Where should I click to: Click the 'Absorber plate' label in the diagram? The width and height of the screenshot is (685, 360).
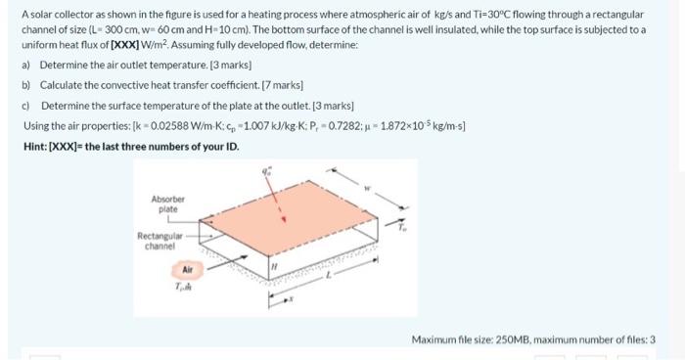tap(167, 203)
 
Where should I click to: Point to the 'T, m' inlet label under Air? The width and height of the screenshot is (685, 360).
tap(184, 286)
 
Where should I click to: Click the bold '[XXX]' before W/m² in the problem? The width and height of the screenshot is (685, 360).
tap(130, 44)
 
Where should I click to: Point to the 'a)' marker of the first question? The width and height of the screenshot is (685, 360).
tap(26, 65)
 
